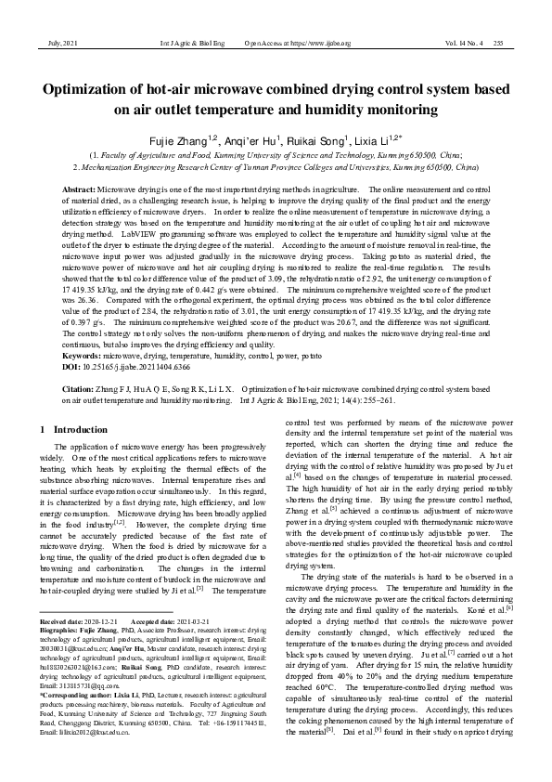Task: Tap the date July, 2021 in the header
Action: tap(58, 43)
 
